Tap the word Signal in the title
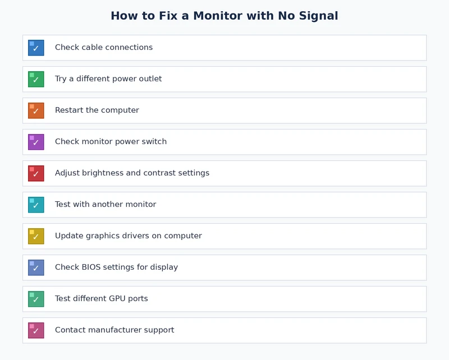click(x=318, y=16)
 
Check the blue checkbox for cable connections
click(x=36, y=48)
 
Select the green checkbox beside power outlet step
click(x=36, y=79)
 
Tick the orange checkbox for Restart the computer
click(x=36, y=110)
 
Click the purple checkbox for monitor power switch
click(x=36, y=142)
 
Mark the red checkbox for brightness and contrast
click(x=36, y=173)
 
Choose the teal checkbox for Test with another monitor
click(x=36, y=205)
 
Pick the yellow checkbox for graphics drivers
click(x=36, y=236)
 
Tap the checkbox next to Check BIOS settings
click(x=36, y=267)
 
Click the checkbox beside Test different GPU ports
click(x=36, y=299)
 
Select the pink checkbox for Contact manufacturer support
click(x=36, y=330)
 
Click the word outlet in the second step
click(x=149, y=79)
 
